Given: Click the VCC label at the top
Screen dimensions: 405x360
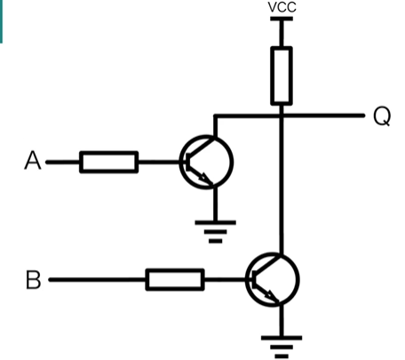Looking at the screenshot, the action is [282, 7].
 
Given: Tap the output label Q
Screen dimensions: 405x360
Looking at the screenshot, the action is [382, 116].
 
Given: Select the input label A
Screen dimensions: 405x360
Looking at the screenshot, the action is [33, 160].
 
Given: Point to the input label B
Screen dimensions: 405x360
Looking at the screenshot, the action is [33, 279].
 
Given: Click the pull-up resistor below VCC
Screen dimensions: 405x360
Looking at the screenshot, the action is [282, 76].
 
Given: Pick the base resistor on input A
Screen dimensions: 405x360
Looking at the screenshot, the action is [108, 162].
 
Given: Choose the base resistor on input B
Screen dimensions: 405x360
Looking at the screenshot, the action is [175, 279].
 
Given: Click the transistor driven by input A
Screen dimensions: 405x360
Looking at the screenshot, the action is [206, 162].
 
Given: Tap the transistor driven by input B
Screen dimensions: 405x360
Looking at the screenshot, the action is [273, 279].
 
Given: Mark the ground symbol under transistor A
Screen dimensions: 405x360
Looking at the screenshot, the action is [215, 232].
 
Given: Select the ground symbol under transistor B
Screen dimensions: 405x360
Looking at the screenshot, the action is [282, 348].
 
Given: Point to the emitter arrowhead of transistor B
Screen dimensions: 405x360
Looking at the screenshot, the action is [272, 296].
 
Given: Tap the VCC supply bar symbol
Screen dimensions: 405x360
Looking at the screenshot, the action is [282, 19].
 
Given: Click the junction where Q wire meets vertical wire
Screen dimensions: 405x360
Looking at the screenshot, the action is [282, 116].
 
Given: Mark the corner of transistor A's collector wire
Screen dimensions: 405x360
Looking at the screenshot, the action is [216, 116].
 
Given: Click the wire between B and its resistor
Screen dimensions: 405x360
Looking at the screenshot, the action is [98, 279].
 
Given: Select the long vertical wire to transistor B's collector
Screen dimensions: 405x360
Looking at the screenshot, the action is [282, 185].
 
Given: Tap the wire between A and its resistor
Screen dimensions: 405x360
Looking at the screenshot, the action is [63, 162].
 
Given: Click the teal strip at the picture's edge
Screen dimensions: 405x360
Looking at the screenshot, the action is [1, 21].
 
